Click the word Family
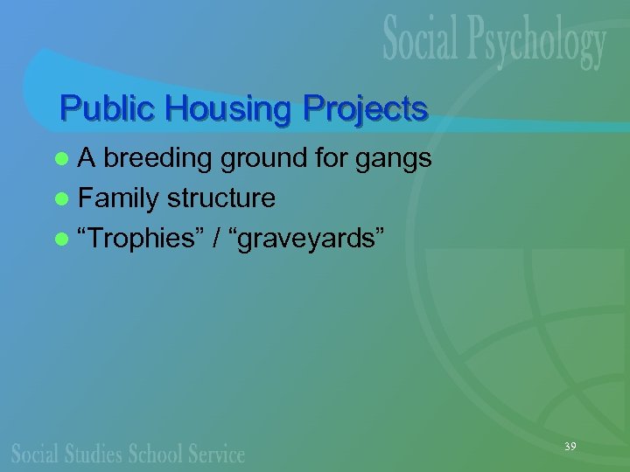tap(117, 199)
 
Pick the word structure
tap(221, 198)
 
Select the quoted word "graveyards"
tap(305, 239)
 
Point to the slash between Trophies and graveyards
tap(214, 239)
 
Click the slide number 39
tap(570, 447)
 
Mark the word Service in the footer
tap(215, 454)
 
